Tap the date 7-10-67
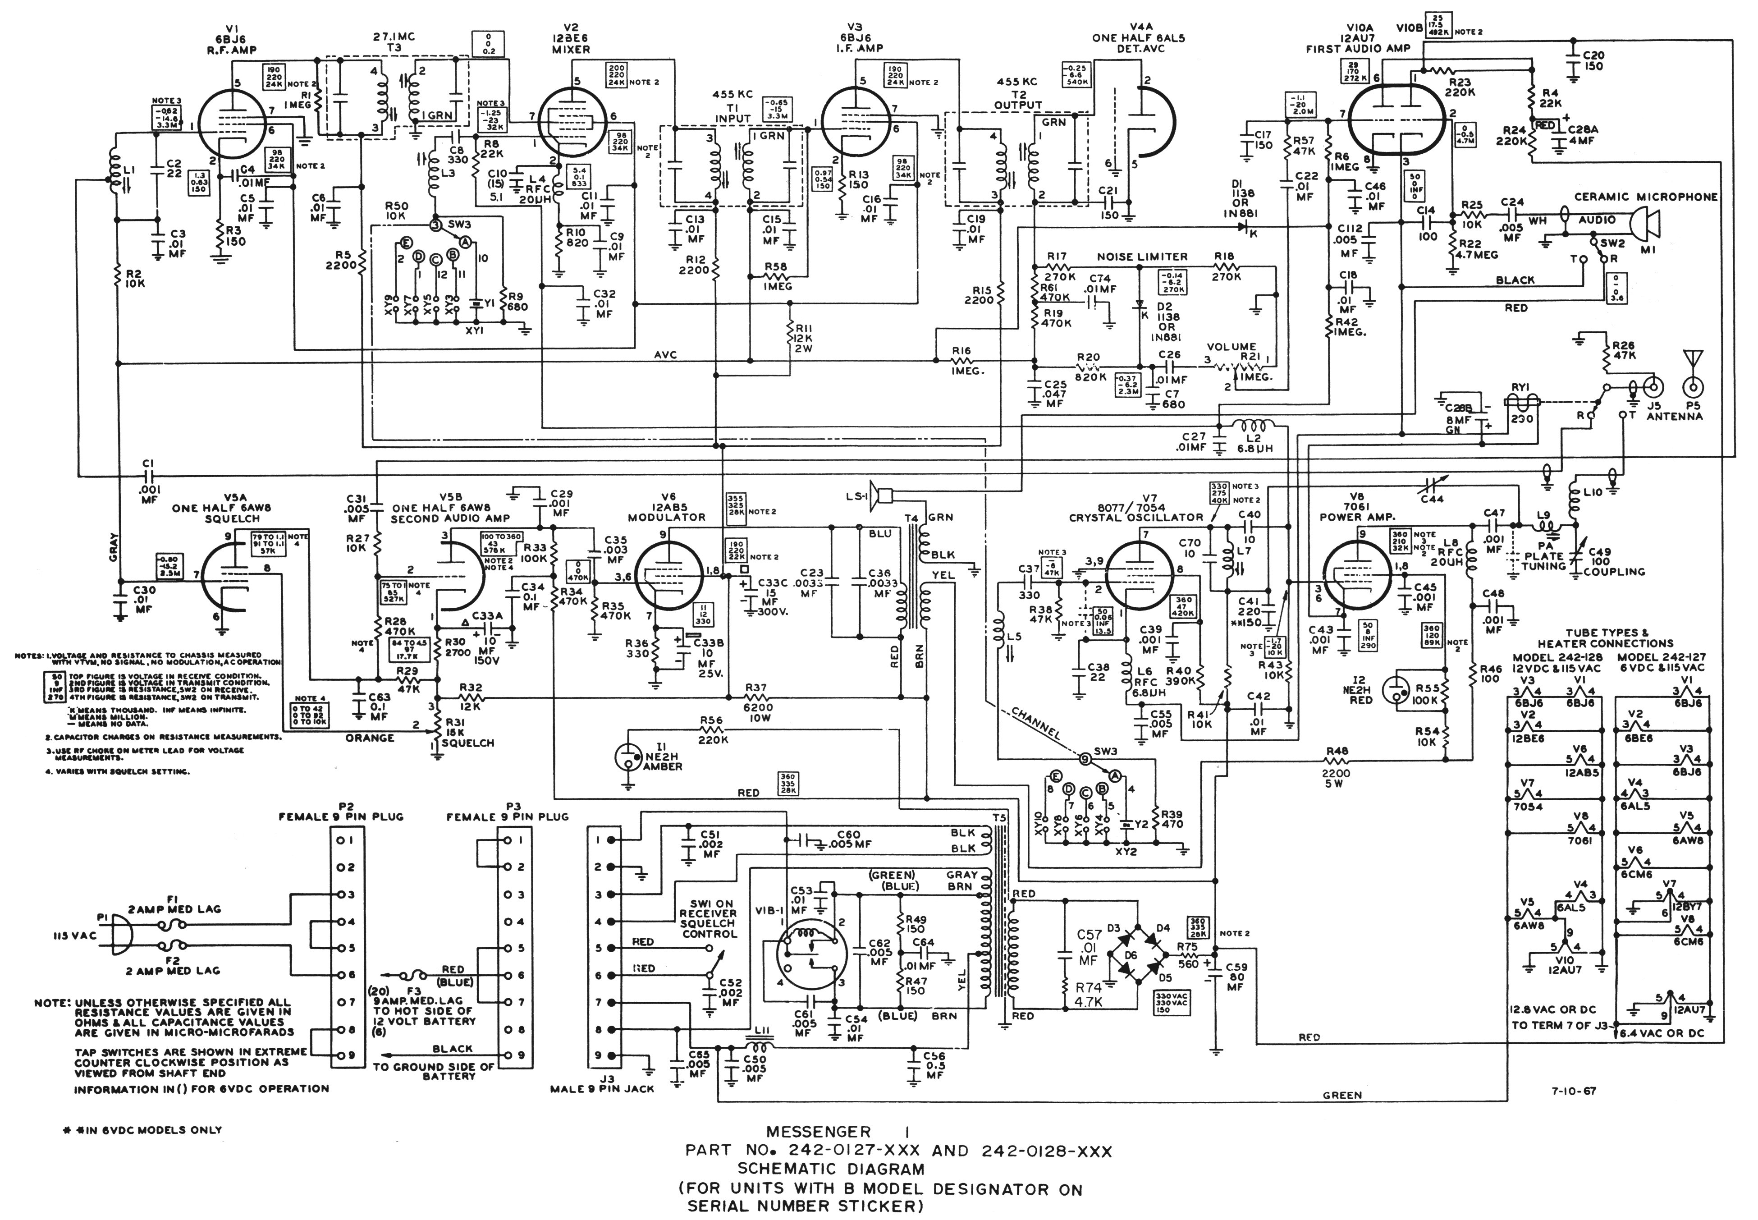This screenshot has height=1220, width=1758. coord(1573,1091)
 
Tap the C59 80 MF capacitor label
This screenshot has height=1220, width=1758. coord(1236,976)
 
